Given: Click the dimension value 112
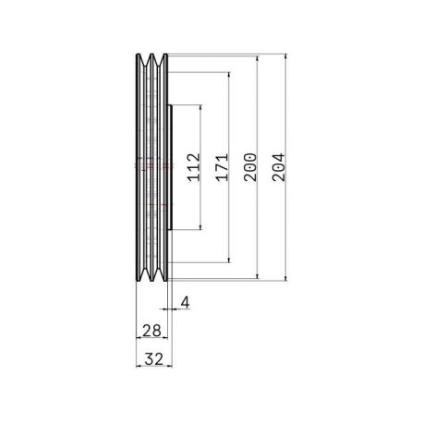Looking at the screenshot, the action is pyautogui.click(x=194, y=167).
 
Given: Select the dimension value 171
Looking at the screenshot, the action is pyautogui.click(x=222, y=167).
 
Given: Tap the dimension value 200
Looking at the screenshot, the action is pyautogui.click(x=250, y=167).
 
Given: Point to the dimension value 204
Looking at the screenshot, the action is pyautogui.click(x=279, y=167).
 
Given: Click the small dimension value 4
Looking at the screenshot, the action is pyautogui.click(x=185, y=302).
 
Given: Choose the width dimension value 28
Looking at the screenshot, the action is pyautogui.click(x=151, y=331).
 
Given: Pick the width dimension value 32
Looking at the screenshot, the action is pyautogui.click(x=153, y=359).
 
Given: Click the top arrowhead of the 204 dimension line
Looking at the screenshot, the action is pyautogui.click(x=286, y=56).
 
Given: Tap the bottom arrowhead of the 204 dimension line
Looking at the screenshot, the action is pyautogui.click(x=286, y=278).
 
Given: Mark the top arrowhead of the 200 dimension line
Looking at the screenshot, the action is pyautogui.click(x=258, y=58).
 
